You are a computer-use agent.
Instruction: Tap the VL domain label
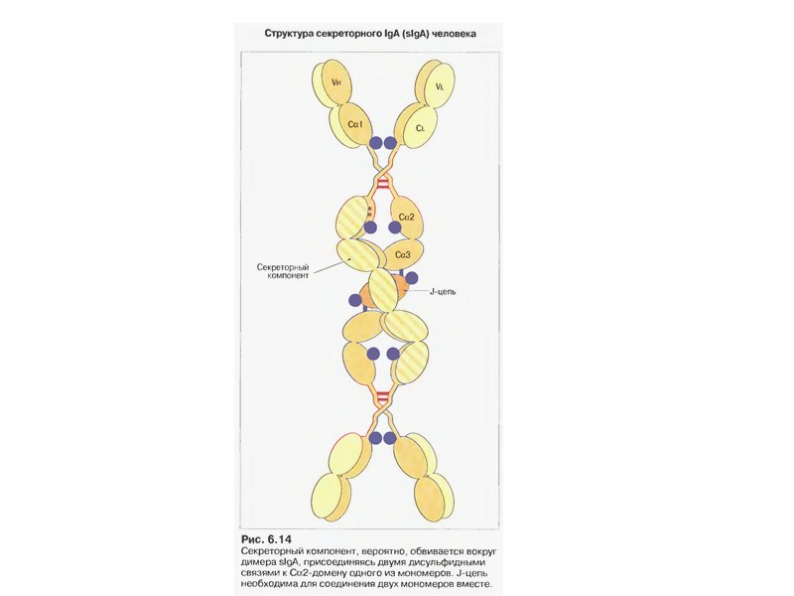point(439,86)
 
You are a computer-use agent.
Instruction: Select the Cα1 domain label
point(355,124)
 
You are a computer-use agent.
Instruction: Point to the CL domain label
point(420,128)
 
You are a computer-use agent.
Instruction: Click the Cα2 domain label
point(405,216)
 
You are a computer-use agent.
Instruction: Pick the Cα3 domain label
point(403,254)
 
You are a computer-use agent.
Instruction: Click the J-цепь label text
point(443,291)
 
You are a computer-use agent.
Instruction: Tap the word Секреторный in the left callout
point(286,268)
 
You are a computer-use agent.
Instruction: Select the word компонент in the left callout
point(291,278)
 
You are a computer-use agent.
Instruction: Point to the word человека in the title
point(453,33)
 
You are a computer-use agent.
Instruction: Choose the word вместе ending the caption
point(470,584)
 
